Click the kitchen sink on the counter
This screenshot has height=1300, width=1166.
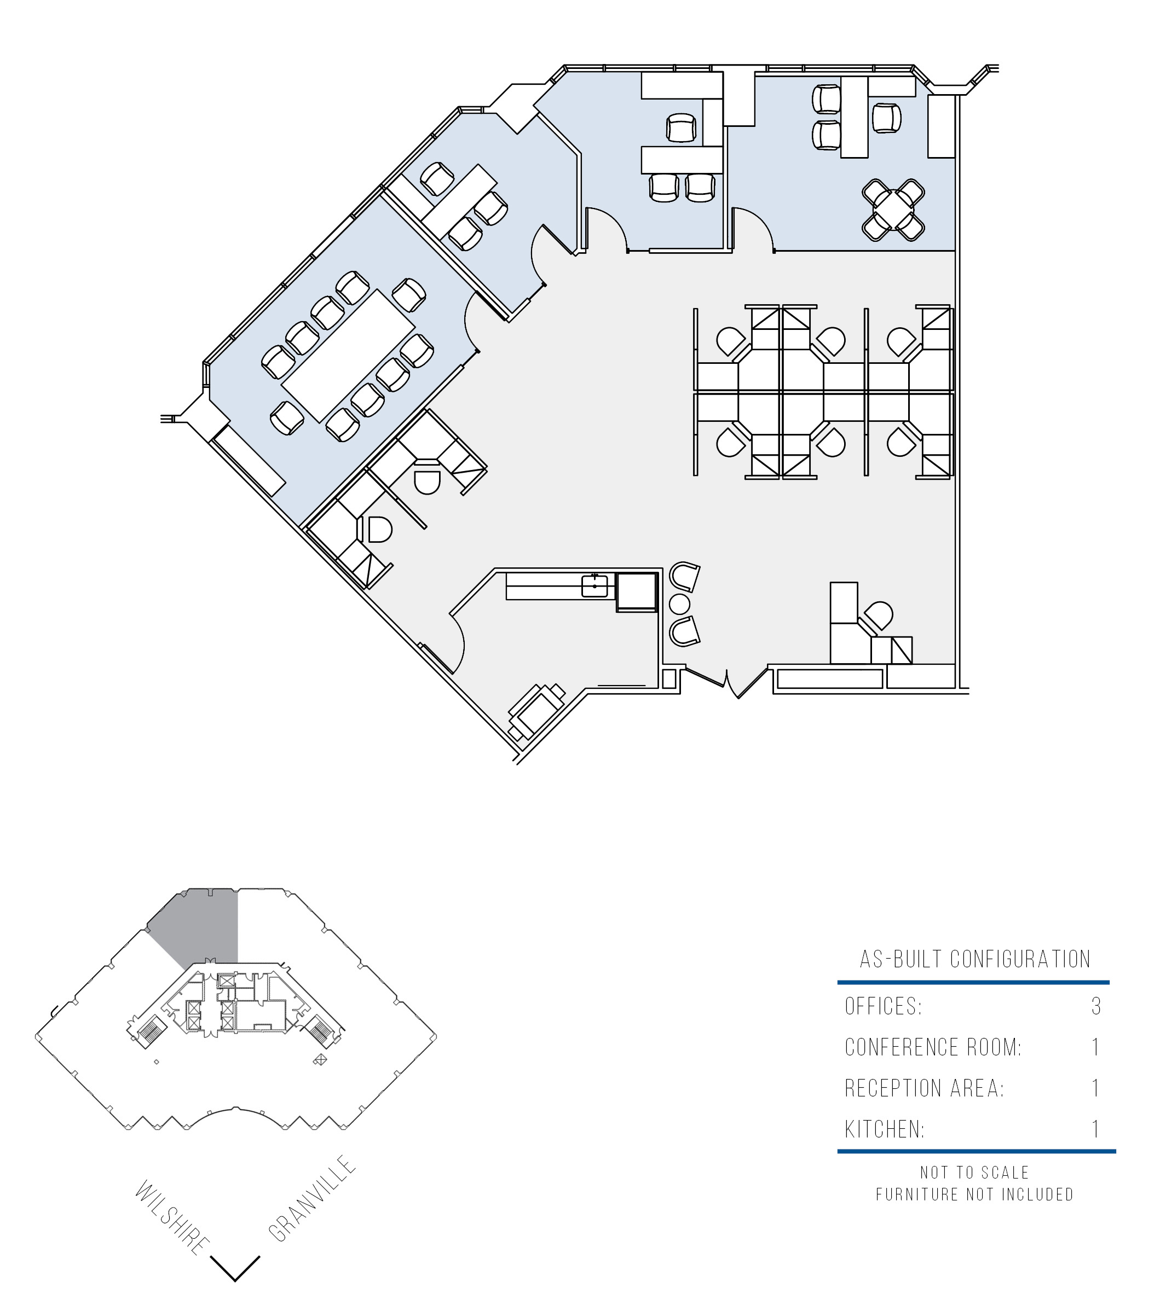594,586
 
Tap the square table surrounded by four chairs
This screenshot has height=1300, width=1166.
893,210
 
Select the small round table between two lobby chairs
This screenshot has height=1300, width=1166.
679,604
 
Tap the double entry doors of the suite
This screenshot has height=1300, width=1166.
726,681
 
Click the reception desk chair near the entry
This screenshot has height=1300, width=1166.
879,616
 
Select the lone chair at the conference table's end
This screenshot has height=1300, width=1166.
286,417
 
